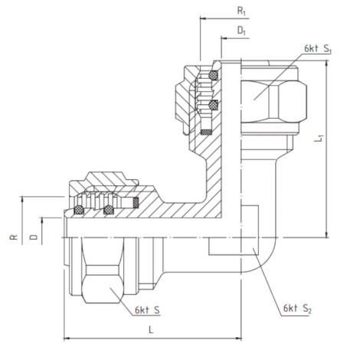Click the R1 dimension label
coord(241,11)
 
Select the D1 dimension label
coord(241,31)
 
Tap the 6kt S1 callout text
coord(318,48)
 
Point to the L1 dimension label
coord(319,138)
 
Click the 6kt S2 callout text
coord(297,309)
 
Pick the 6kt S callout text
coord(147,310)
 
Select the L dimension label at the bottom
coord(151,330)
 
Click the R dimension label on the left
coord(14,237)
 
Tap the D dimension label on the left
coord(34,237)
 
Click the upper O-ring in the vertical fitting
coord(213,75)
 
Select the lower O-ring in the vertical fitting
coord(213,105)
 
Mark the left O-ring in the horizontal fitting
coord(79,210)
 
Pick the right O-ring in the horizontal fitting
coord(109,210)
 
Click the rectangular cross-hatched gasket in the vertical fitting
coord(206,132)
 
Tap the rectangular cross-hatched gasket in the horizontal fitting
coord(136,202)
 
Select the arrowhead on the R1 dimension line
coord(203,18)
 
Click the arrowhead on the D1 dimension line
coord(224,38)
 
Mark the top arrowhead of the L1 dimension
coord(326,64)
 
